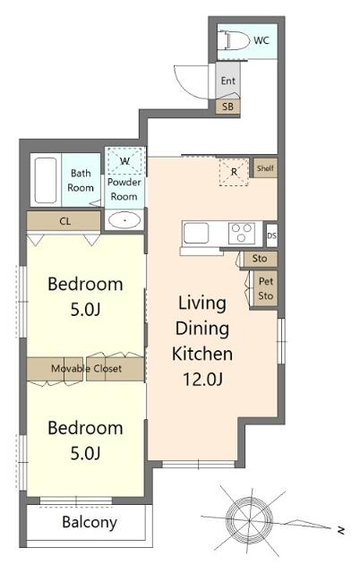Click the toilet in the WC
236,40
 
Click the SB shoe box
228,106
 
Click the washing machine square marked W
124,161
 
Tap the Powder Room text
124,189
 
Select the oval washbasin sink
124,220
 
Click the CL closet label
65,220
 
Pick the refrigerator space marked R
235,172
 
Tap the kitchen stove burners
242,234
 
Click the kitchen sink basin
197,235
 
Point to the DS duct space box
272,235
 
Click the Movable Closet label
85,368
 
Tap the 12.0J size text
202,378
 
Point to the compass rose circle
244,516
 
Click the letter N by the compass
340,530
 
